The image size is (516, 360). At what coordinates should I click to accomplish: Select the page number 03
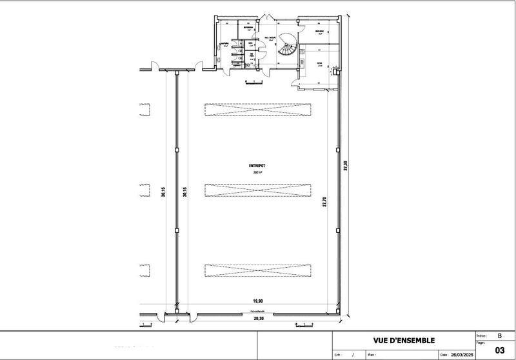pyautogui.click(x=499, y=350)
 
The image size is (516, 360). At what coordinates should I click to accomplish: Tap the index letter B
pyautogui.click(x=499, y=336)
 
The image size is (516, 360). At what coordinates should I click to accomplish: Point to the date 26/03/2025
pyautogui.click(x=461, y=355)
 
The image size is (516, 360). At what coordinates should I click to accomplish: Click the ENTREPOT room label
pyautogui.click(x=257, y=166)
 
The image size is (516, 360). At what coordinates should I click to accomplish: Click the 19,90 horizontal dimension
pyautogui.click(x=257, y=301)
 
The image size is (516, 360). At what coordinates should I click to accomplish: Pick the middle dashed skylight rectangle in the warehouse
pyautogui.click(x=257, y=190)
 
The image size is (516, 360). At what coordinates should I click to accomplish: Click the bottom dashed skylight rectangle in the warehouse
pyautogui.click(x=257, y=271)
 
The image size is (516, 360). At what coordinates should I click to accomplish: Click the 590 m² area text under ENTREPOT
pyautogui.click(x=257, y=173)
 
